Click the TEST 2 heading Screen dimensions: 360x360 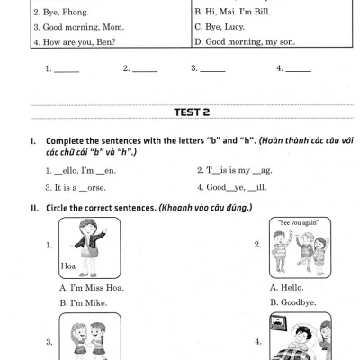(192, 112)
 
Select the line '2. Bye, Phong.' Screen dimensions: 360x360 (61, 13)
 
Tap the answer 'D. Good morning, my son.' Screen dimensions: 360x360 (245, 41)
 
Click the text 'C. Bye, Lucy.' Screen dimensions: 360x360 (220, 27)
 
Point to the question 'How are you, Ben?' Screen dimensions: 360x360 (79, 42)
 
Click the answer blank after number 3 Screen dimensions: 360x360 (212, 71)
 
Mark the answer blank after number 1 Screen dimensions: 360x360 (67, 71)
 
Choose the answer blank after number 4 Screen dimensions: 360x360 (299, 71)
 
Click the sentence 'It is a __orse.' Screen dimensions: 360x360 (80, 188)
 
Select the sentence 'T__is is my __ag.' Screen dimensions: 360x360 (239, 171)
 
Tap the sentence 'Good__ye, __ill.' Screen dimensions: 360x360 (237, 188)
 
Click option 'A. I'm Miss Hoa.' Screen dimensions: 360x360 (92, 288)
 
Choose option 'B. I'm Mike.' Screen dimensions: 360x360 (84, 303)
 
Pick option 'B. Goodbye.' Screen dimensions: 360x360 (293, 302)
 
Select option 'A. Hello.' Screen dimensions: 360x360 (286, 288)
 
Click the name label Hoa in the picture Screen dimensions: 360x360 (68, 266)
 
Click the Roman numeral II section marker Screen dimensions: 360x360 (35, 208)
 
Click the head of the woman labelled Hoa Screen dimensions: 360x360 (87, 228)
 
